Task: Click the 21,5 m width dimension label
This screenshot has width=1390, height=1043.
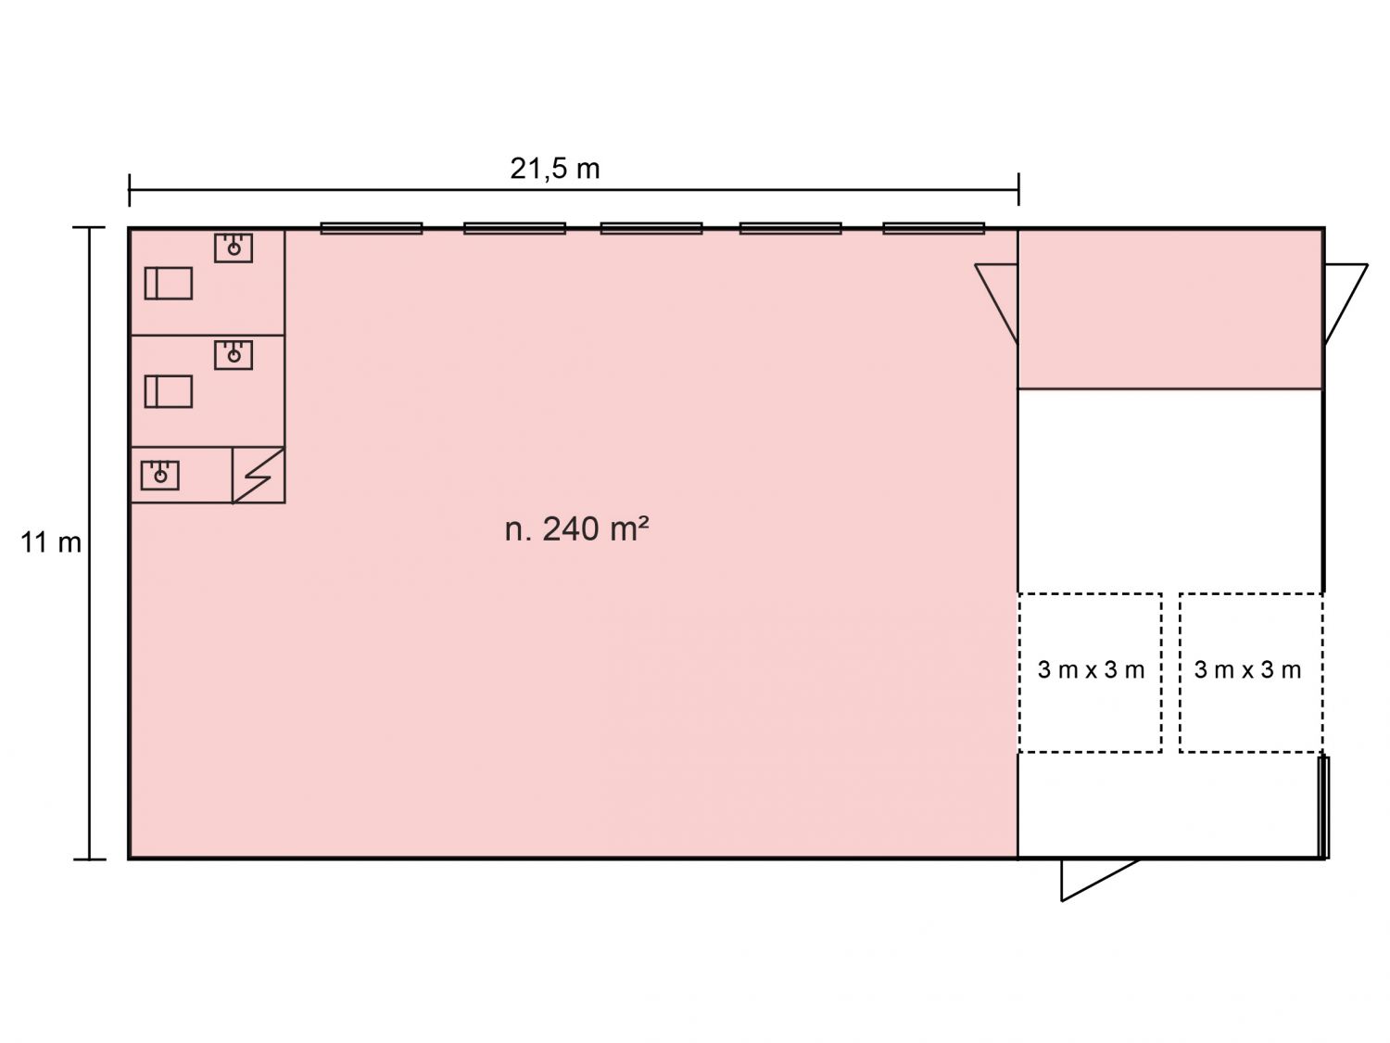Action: (554, 169)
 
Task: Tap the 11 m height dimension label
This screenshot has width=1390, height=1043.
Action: (51, 542)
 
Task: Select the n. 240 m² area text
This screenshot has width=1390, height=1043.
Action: (576, 528)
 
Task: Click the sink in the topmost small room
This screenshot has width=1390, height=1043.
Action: (234, 248)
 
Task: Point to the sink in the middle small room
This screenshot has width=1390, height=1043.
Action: (234, 355)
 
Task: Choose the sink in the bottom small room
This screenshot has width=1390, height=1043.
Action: (159, 475)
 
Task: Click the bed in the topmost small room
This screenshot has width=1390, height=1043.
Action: (169, 283)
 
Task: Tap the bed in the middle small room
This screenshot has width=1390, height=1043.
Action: (169, 391)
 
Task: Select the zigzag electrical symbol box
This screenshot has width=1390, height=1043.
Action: (259, 475)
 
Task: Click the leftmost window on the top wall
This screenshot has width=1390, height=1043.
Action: (371, 228)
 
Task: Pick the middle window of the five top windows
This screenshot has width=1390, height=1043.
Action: (651, 228)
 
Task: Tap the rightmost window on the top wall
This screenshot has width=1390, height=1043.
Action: (933, 228)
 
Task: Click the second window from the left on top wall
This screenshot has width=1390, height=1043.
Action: (514, 228)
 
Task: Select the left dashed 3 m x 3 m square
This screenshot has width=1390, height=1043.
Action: (1090, 593)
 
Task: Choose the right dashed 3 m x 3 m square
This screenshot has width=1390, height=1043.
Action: (1251, 593)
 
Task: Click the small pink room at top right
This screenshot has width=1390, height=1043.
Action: (1170, 309)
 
